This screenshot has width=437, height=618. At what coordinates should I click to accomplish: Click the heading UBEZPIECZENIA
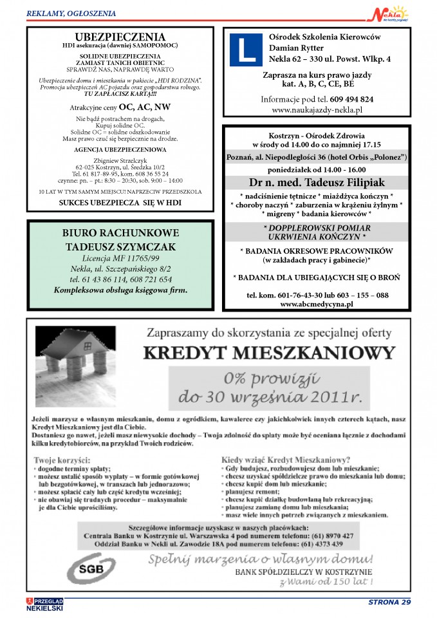tap(120, 37)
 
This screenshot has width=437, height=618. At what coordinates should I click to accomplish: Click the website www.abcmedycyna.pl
tap(317, 304)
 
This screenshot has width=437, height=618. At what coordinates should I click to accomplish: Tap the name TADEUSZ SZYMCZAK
tap(120, 247)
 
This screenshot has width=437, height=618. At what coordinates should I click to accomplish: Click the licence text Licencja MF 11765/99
tap(120, 257)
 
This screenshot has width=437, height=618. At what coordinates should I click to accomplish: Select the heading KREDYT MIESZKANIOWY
tap(268, 353)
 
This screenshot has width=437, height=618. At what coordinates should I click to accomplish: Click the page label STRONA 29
tap(389, 603)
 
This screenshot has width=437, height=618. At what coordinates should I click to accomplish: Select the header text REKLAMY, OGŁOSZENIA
tap(71, 13)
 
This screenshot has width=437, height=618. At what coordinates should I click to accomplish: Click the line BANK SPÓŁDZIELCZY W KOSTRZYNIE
tap(303, 572)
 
